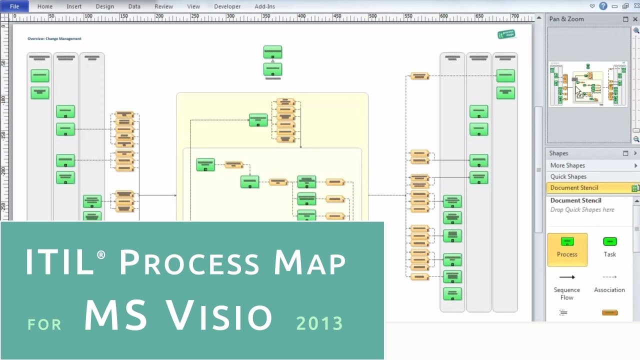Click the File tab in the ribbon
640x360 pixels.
pyautogui.click(x=14, y=6)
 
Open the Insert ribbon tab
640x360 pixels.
pyautogui.click(x=74, y=6)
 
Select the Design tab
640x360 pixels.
pyautogui.click(x=104, y=6)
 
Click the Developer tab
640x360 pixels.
pyautogui.click(x=227, y=6)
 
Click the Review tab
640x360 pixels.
pyautogui.click(x=163, y=6)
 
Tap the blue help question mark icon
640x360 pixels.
pyautogui.click(x=603, y=6)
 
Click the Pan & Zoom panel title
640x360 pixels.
pyautogui.click(x=566, y=19)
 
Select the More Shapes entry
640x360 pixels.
pyautogui.click(x=567, y=165)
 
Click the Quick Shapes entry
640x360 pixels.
pyautogui.click(x=568, y=176)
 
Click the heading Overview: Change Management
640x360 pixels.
pyautogui.click(x=54, y=38)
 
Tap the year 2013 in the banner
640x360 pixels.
pyautogui.click(x=319, y=323)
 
